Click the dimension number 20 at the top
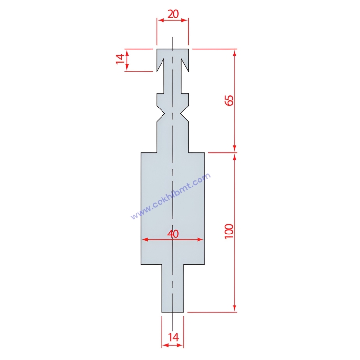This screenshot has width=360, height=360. click(x=173, y=14)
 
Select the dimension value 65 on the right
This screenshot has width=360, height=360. click(x=229, y=100)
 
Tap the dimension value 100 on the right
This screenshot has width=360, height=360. click(x=229, y=231)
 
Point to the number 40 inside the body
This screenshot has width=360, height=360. click(x=173, y=234)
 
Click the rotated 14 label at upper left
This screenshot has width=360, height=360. click(x=120, y=59)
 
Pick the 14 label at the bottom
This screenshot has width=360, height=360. click(x=173, y=337)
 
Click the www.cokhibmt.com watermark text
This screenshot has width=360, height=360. click(x=171, y=196)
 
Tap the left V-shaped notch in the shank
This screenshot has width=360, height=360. click(x=161, y=113)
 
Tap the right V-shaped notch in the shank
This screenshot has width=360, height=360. click(x=184, y=113)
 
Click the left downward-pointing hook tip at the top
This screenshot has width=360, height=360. click(x=157, y=72)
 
